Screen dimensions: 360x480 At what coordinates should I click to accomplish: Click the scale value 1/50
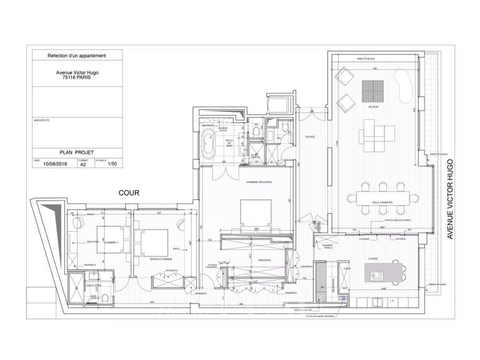tap(112, 165)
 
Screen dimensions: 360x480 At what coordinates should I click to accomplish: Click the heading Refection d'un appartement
tap(77, 56)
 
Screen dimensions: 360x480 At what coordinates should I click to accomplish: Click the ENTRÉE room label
tap(311, 136)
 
